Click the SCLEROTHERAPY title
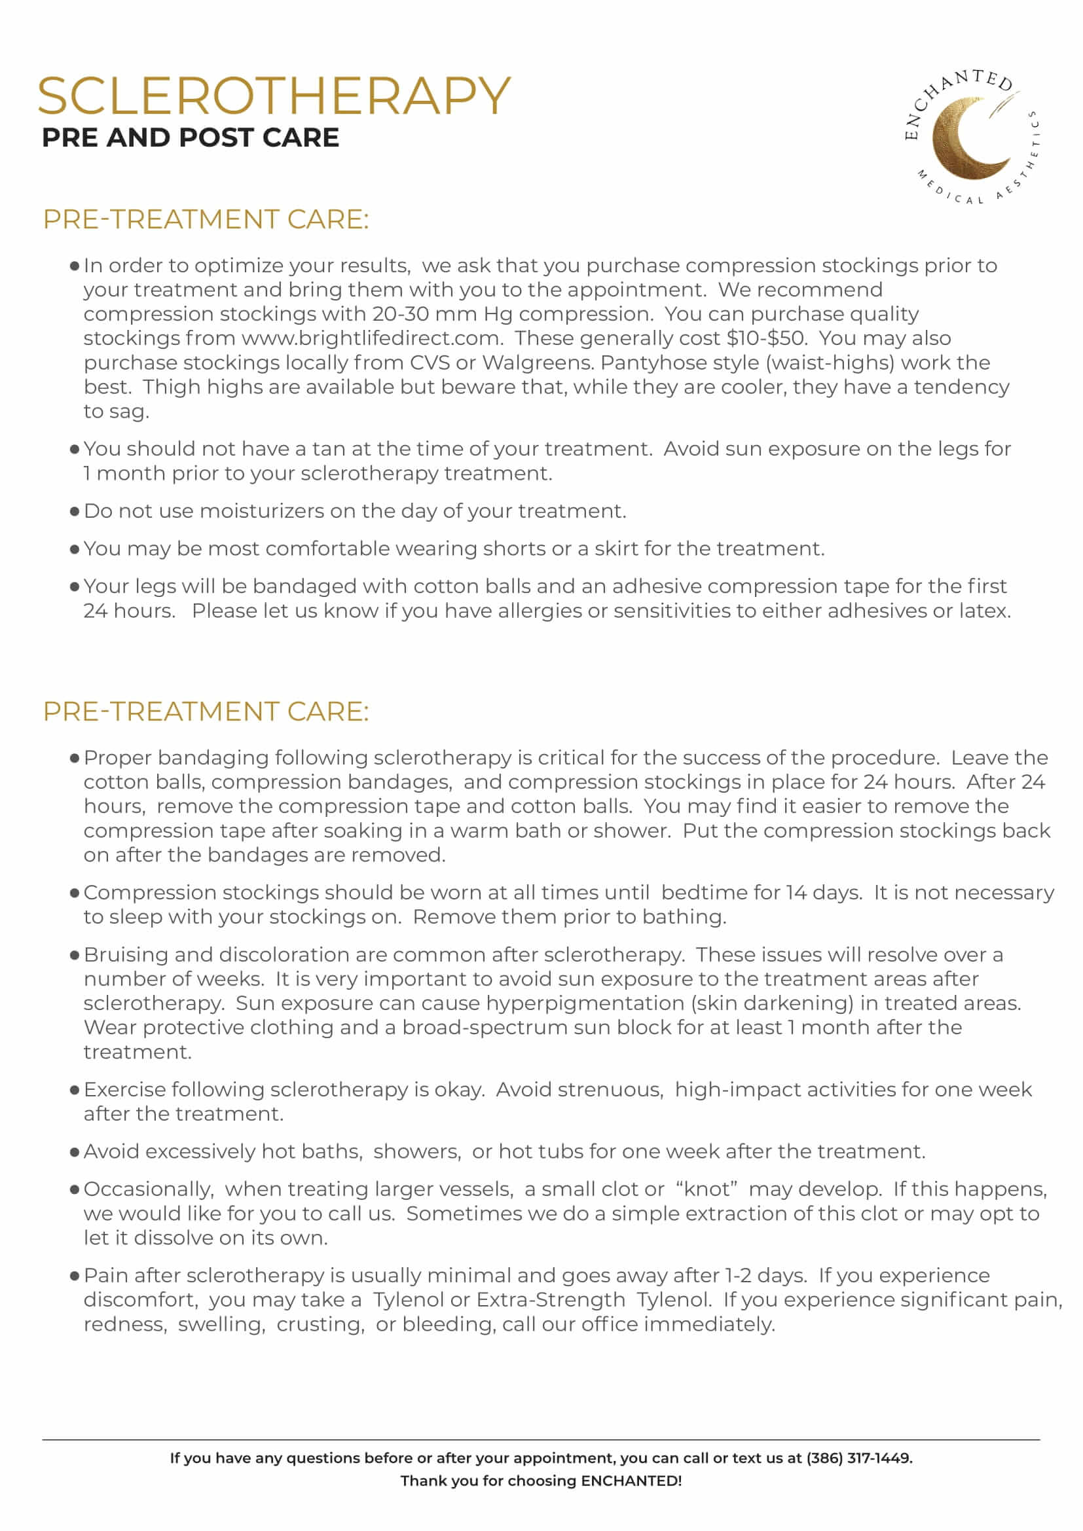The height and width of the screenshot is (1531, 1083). [274, 96]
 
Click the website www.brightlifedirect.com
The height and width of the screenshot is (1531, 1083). [371, 338]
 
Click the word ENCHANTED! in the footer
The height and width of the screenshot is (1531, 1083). [631, 1481]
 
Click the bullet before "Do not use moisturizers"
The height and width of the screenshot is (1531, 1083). [75, 511]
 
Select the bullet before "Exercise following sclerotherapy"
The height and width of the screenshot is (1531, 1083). [75, 1090]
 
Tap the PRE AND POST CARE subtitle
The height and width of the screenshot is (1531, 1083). [190, 138]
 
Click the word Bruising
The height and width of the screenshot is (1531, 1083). [126, 954]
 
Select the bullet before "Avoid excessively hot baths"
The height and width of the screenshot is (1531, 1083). [75, 1152]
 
